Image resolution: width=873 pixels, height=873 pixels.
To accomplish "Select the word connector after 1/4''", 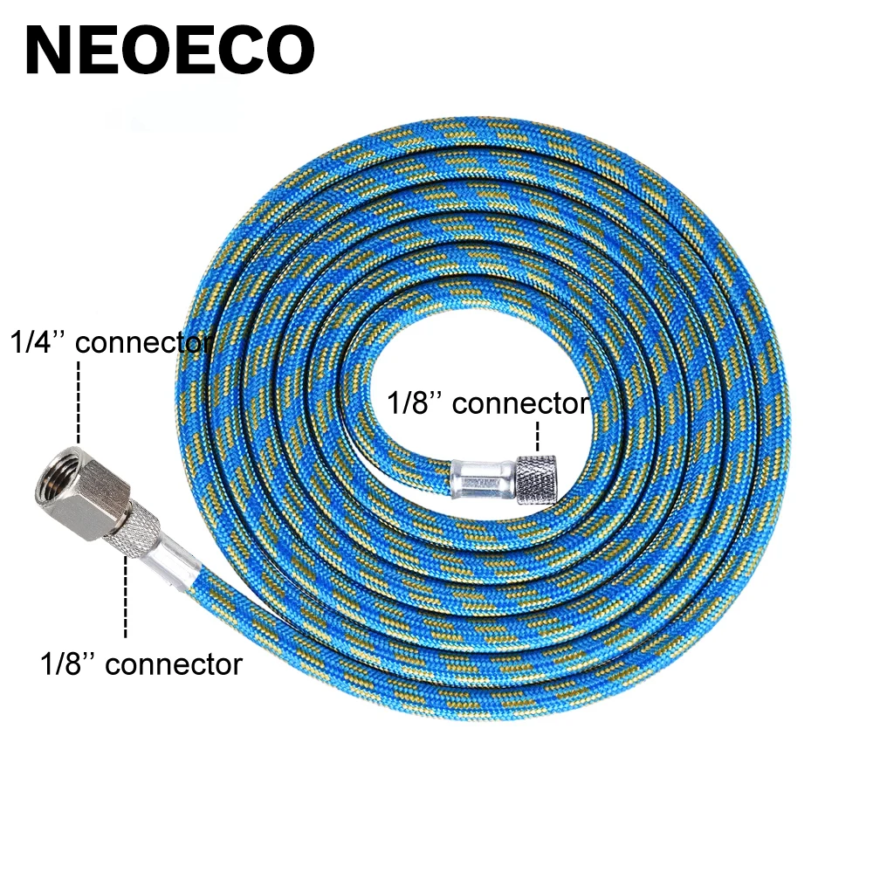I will (144, 342).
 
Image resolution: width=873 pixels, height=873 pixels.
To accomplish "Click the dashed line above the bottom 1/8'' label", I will (125, 598).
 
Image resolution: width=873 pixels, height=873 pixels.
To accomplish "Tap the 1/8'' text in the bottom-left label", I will (67, 664).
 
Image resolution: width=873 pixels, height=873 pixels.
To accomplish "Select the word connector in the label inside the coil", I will (521, 404).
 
